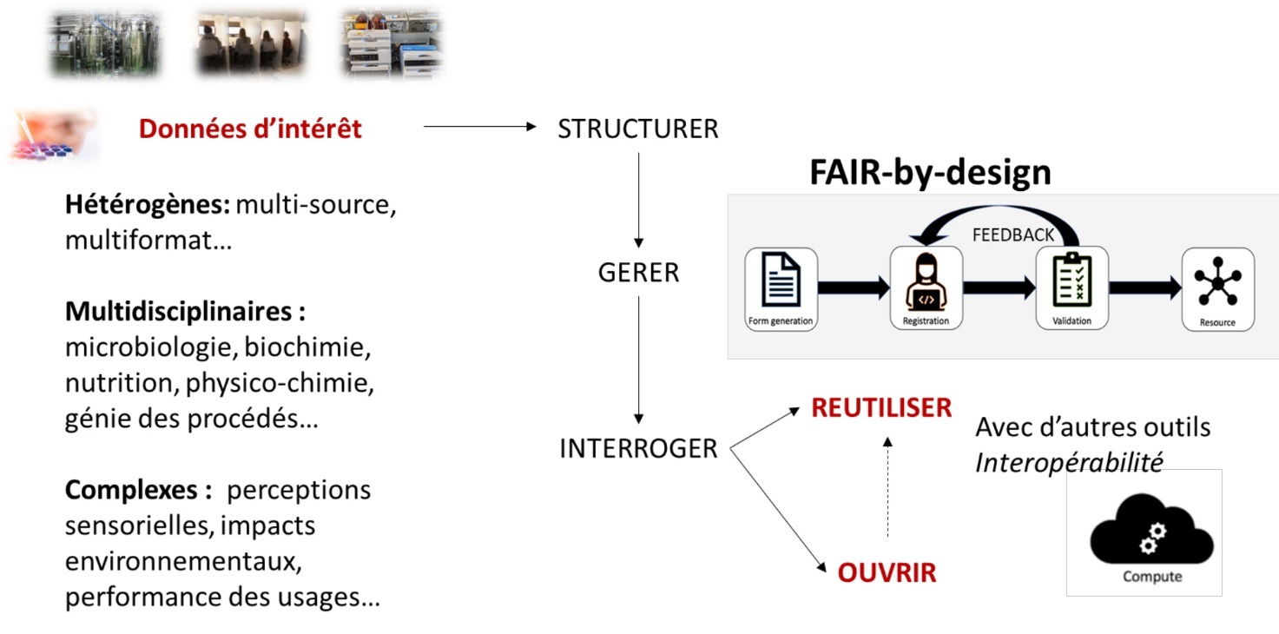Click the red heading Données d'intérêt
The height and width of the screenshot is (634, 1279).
pos(250,129)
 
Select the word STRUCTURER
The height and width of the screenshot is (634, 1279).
pos(638,129)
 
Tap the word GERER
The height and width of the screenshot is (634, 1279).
pos(638,273)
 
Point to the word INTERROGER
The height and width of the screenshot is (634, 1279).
pos(638,449)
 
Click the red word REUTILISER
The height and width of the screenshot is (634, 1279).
pos(881,408)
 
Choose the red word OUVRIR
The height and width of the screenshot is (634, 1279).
pos(887,573)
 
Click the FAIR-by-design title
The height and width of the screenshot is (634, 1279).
pos(930,174)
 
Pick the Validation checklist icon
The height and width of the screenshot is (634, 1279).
pos(1071,281)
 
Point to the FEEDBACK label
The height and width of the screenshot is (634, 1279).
pos(1012,235)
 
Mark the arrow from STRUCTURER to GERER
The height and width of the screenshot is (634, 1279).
pos(638,199)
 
